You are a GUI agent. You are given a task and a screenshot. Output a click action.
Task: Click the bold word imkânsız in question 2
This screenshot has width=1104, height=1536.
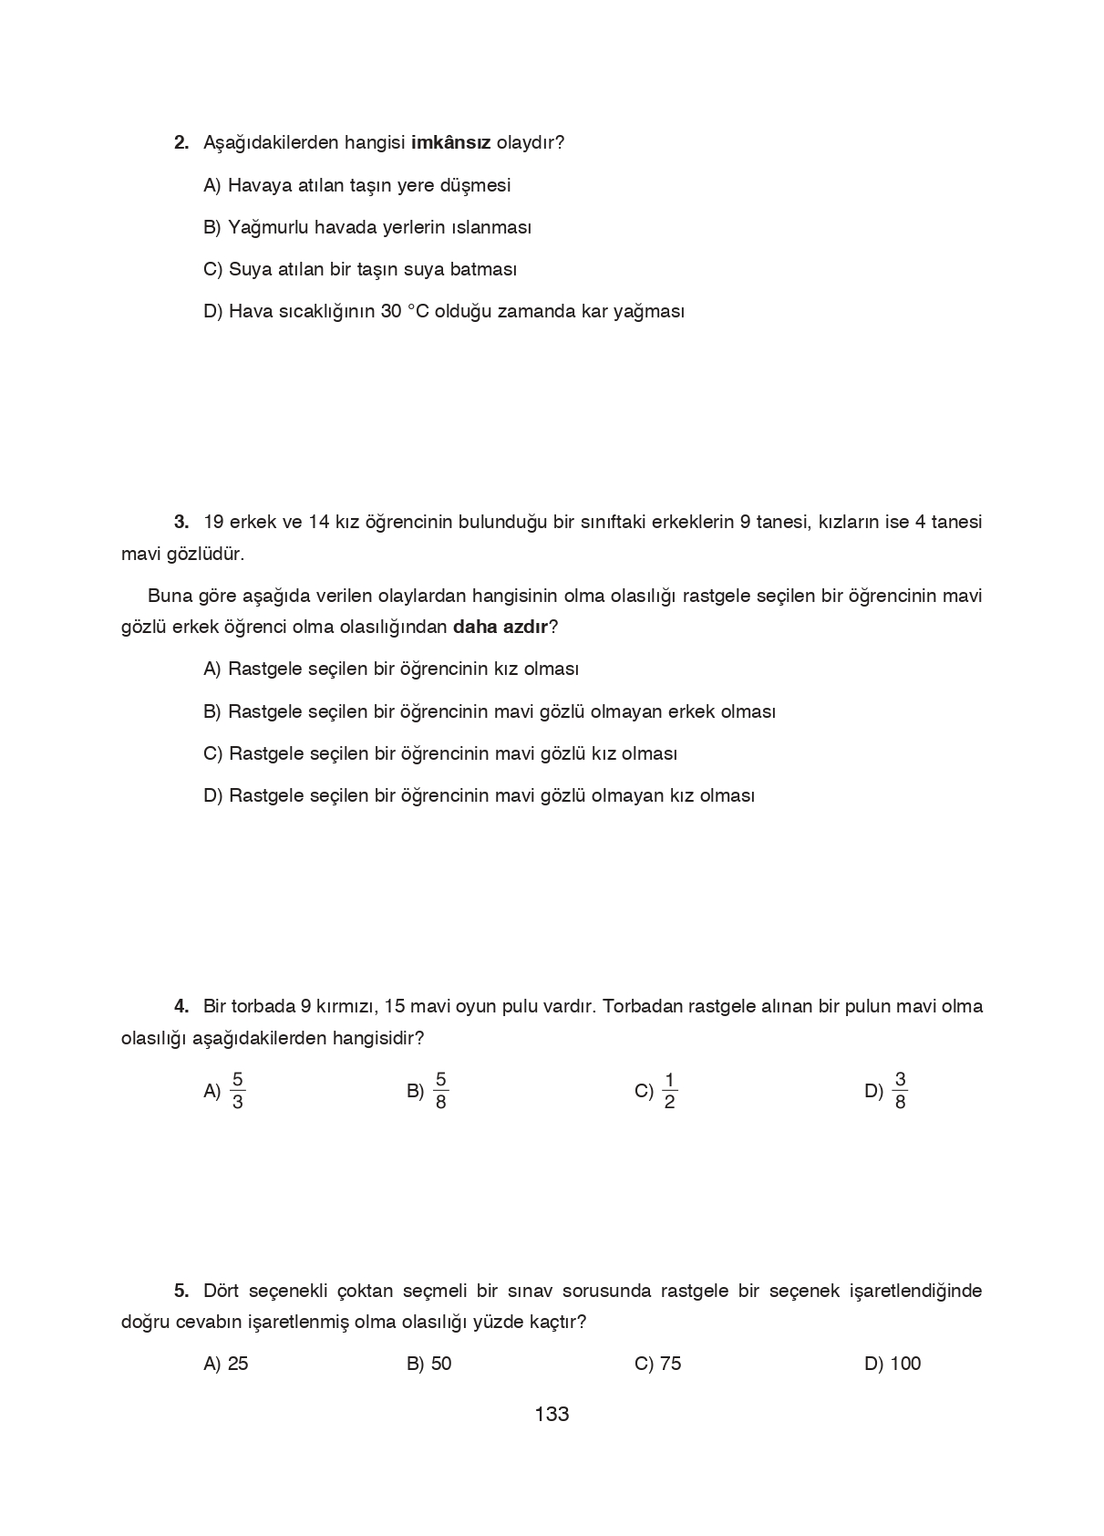click(x=451, y=143)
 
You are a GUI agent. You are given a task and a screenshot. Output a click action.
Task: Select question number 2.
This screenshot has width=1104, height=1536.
click(x=181, y=143)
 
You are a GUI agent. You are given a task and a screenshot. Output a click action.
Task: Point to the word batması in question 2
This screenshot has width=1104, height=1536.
click(x=486, y=270)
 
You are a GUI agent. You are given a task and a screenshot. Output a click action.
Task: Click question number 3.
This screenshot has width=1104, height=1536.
click(x=181, y=523)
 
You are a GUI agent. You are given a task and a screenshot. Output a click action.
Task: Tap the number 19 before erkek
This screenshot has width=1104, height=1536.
click(x=213, y=523)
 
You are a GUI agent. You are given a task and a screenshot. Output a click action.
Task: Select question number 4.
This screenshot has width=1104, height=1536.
click(x=181, y=1007)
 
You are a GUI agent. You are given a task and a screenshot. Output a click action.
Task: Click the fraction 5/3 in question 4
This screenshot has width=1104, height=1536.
click(x=237, y=1091)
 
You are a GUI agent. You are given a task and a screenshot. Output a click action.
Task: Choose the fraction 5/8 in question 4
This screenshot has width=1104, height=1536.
click(x=440, y=1091)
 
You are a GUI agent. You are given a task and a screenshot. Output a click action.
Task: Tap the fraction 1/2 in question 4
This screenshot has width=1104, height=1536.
click(x=669, y=1091)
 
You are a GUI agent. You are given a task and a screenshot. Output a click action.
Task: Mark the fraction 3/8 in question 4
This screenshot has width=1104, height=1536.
click(x=900, y=1091)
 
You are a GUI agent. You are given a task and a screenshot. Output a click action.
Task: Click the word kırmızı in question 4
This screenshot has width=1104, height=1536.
click(x=346, y=1007)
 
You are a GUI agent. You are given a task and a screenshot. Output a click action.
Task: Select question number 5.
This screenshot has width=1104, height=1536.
click(x=181, y=1292)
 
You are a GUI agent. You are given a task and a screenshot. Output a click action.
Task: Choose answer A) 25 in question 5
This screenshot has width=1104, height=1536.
click(x=226, y=1365)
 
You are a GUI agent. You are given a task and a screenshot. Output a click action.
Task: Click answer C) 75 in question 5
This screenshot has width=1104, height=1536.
click(x=657, y=1365)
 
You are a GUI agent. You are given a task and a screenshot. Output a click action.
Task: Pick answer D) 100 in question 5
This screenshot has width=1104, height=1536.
click(x=892, y=1365)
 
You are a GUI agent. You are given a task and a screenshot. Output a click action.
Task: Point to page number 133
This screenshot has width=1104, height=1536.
click(x=552, y=1415)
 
